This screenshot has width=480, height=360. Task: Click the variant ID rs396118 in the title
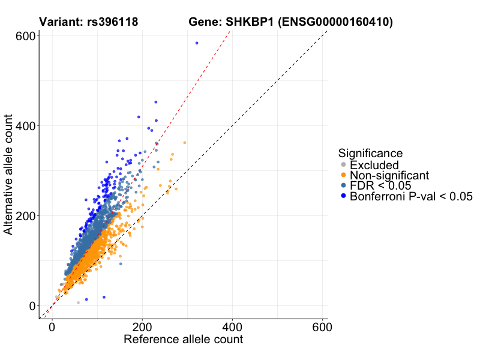pyautogui.click(x=113, y=22)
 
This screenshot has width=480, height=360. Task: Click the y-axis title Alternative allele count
pyautogui.click(x=8, y=175)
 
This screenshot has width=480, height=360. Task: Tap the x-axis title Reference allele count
pyautogui.click(x=183, y=340)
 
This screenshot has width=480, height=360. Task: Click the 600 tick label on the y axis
pyautogui.click(x=24, y=36)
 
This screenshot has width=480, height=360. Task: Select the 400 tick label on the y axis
pyautogui.click(x=24, y=126)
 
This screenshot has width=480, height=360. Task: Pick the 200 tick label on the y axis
pyautogui.click(x=24, y=215)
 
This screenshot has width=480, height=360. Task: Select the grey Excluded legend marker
pyautogui.click(x=343, y=165)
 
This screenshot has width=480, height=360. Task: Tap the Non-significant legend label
pyautogui.click(x=389, y=175)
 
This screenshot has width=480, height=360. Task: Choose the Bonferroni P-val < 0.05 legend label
pyautogui.click(x=411, y=197)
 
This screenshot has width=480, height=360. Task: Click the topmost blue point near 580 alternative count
pyautogui.click(x=197, y=43)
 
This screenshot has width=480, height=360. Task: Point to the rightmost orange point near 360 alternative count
pyautogui.click(x=185, y=143)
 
